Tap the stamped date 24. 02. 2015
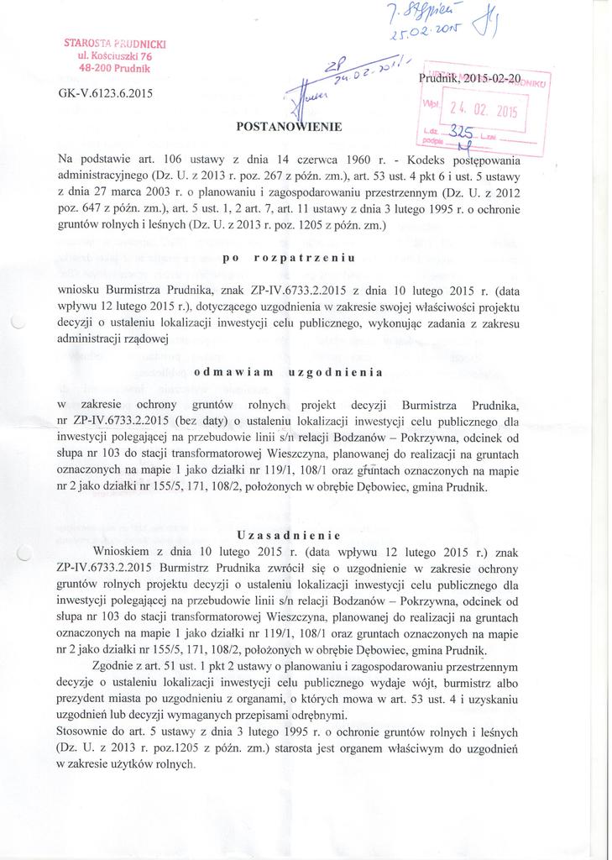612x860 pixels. pos(485,110)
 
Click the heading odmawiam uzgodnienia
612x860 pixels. pos(288,371)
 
